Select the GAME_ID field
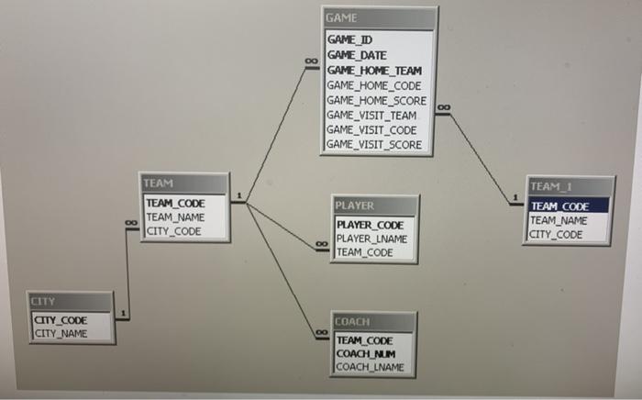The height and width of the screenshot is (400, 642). tap(349, 40)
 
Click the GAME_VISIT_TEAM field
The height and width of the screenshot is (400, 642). tap(371, 115)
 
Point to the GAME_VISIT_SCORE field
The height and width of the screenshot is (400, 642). tap(373, 144)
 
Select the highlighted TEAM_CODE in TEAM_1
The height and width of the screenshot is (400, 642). tap(559, 206)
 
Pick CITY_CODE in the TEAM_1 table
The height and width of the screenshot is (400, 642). tap(556, 234)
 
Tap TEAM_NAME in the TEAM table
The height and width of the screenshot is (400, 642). tap(176, 217)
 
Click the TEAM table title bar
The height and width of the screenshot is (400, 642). tap(183, 184)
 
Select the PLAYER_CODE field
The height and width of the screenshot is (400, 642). tap(370, 225)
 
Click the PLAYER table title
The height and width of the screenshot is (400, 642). tap(375, 206)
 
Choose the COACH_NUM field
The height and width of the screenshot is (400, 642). tap(365, 353)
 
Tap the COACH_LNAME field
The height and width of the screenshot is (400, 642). tap(369, 367)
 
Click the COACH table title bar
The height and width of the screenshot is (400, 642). tap(372, 322)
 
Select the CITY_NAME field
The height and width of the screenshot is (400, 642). tap(61, 333)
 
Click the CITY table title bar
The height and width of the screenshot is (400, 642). tap(71, 302)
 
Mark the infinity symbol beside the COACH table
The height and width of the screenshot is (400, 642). tap(321, 330)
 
